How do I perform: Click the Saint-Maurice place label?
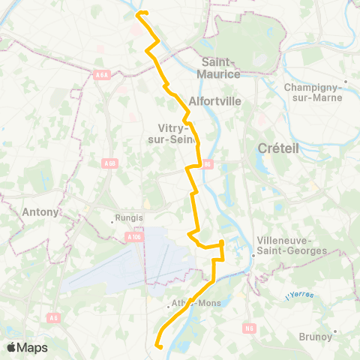tap(218, 68)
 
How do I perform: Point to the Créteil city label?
tap(277, 148)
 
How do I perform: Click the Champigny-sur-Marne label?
tap(314, 92)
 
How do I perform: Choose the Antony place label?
tap(40, 212)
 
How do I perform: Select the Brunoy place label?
tap(315, 337)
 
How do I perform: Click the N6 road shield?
tap(250, 327)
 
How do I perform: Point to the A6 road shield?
tap(52, 317)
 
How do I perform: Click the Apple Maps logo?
tap(27, 347)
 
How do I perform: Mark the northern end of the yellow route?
tap(139, 12)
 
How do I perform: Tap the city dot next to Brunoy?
tap(335, 330)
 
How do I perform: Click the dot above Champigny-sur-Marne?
tap(345, 82)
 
